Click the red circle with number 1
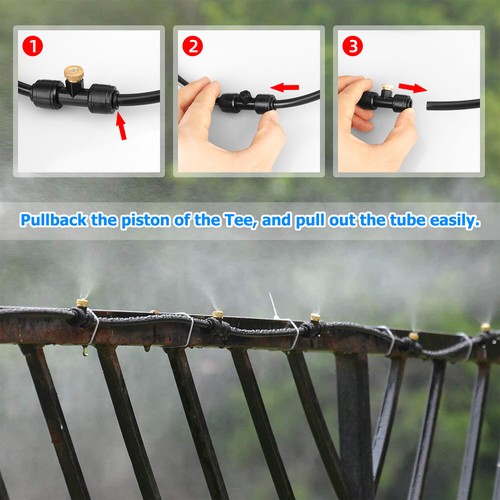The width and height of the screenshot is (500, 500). [32, 46]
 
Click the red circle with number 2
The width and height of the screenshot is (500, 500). [194, 46]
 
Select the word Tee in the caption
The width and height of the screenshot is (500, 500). [262, 219]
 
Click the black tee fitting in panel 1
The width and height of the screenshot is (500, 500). [75, 98]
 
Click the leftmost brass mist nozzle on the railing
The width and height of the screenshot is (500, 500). [81, 301]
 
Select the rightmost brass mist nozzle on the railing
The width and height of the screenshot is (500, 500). [485, 327]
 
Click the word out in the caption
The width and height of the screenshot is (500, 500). [336, 219]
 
